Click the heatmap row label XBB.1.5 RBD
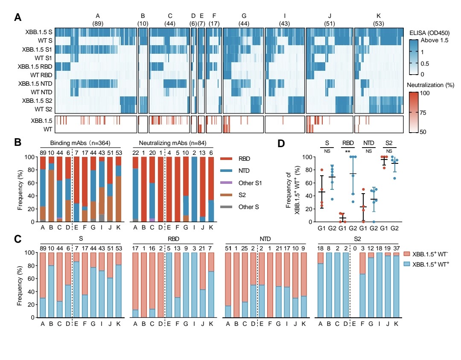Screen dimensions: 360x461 36,67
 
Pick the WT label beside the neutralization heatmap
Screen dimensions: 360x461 47,128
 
